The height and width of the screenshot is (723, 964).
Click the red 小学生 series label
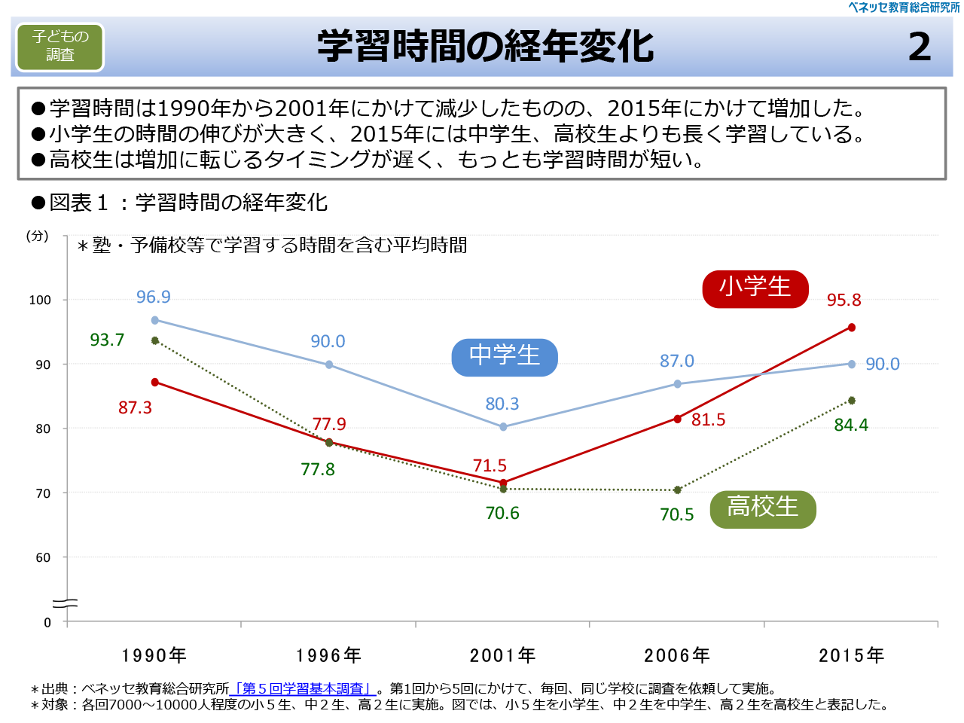[x=755, y=288]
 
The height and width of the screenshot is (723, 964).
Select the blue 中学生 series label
[x=505, y=356]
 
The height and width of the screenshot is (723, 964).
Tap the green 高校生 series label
[x=762, y=508]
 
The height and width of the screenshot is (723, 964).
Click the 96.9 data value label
[x=153, y=297]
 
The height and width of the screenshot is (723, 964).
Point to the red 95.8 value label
[x=843, y=300]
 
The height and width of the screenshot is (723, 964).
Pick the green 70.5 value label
[x=676, y=514]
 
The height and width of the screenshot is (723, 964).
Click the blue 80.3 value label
[x=502, y=404]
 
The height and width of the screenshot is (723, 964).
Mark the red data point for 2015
[x=852, y=328]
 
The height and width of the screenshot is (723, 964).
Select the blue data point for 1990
[x=155, y=320]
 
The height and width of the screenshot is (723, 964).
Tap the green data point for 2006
[x=678, y=490]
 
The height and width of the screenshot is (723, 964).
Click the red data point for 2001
[x=504, y=483]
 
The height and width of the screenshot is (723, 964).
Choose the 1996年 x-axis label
[x=328, y=655]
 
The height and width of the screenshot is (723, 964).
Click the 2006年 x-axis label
[x=677, y=655]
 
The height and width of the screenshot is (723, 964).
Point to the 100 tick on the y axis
[x=40, y=300]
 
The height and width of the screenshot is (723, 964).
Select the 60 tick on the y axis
[x=43, y=558]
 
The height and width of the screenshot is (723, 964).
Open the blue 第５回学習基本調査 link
[x=303, y=688]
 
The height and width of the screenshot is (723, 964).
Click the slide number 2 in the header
[x=920, y=47]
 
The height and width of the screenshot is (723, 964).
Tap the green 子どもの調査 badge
[x=60, y=46]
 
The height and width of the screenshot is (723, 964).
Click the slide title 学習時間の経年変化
[x=485, y=47]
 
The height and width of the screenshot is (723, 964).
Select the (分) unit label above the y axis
[x=38, y=236]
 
